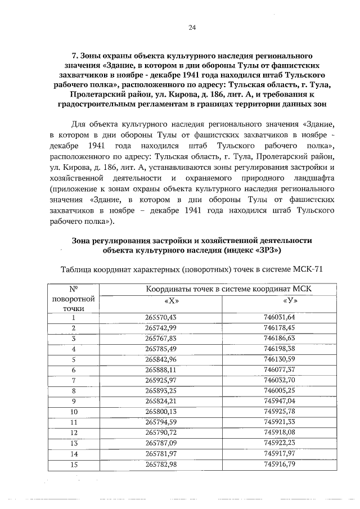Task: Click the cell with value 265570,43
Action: pos(161,318)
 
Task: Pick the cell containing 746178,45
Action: pos(280,328)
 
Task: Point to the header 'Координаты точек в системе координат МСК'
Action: pos(228,289)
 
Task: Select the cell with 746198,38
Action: pos(280,349)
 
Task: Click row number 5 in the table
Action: pos(73,359)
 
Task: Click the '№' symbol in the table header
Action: pos(73,289)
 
